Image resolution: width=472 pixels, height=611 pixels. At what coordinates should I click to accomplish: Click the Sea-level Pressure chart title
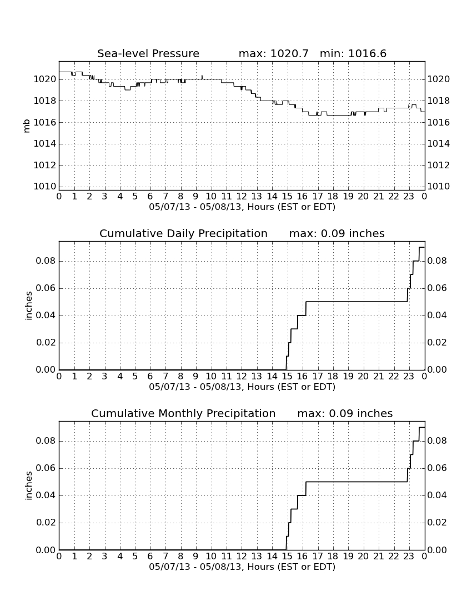148,53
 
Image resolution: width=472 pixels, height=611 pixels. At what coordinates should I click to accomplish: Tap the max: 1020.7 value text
273,53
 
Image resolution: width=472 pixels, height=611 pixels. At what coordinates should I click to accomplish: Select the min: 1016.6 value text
353,53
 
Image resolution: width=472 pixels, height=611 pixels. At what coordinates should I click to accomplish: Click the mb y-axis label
27,126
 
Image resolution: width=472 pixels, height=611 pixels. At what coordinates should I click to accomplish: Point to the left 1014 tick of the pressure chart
45,144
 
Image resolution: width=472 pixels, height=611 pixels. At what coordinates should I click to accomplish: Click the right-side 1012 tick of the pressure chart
439,165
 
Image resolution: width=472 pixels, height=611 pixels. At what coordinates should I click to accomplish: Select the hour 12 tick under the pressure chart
242,196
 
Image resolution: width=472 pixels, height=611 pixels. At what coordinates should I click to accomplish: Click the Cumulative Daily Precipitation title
183,233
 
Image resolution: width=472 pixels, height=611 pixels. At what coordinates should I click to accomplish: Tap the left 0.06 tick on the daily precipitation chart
46,288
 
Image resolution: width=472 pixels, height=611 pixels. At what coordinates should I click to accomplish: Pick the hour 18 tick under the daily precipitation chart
333,377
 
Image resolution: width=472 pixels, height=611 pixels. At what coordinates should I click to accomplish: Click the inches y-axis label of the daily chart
28,306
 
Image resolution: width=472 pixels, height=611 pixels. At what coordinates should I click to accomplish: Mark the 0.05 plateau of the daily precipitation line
356,302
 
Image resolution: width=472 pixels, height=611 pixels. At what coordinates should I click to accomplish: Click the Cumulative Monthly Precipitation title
183,413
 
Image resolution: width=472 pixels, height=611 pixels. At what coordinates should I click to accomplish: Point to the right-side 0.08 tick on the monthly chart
437,441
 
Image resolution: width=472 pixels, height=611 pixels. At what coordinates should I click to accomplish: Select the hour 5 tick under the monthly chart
135,557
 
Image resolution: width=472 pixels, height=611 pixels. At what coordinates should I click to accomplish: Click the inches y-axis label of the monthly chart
28,485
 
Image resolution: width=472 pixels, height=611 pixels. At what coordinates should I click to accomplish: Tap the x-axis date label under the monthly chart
242,567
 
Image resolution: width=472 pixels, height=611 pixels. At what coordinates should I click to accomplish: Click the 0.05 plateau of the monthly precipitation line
356,482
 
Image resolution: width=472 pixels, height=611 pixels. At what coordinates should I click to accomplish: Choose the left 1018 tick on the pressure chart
45,101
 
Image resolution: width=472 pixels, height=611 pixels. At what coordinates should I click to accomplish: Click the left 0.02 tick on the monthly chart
46,523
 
